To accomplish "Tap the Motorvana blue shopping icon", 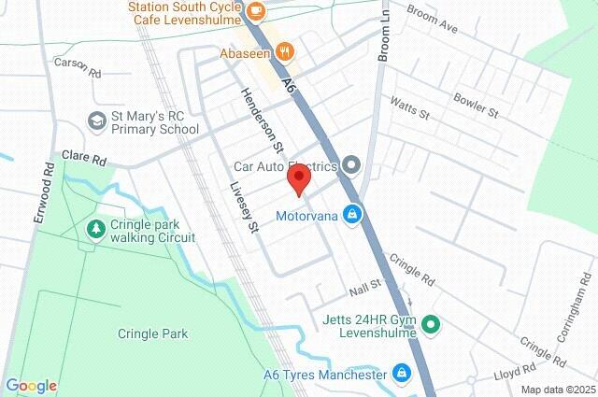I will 351,215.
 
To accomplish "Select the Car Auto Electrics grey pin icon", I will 351,166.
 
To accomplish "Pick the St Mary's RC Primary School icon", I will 97,121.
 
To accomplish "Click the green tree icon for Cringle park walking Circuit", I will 95,229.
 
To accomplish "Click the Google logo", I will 31,386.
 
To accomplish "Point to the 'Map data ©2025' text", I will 558,390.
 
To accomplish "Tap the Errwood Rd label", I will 42,192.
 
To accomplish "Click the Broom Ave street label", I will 435,23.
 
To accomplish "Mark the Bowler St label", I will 477,103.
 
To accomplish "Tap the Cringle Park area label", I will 153,333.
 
